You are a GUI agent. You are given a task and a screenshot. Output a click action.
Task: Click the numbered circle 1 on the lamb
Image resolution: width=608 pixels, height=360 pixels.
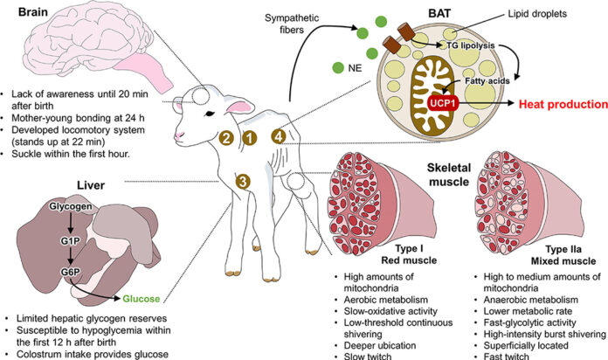[249, 137]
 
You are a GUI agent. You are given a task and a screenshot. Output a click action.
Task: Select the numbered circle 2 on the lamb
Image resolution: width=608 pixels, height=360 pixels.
[225, 137]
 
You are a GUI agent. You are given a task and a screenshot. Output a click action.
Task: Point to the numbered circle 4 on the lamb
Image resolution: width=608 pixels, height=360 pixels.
[278, 135]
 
